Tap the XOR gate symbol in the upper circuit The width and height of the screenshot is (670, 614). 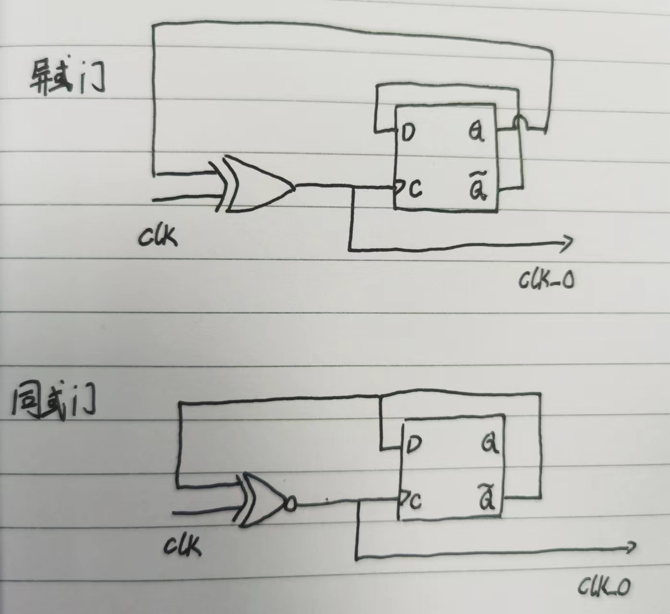coord(257,185)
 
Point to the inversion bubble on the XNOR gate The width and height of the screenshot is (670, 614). coord(290,504)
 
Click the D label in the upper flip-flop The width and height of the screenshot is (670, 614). coord(408,133)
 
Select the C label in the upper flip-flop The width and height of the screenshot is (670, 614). coord(415,189)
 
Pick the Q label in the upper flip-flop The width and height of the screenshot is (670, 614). coord(476,132)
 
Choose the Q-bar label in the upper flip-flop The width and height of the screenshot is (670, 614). coord(478,189)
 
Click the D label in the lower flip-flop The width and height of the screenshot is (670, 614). coord(413,445)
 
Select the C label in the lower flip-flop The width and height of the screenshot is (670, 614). coord(415,501)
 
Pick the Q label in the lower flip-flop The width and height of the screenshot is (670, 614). coord(490,444)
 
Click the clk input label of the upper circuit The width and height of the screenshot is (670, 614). coord(158,236)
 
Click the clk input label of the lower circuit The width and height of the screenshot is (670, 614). coord(183,545)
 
